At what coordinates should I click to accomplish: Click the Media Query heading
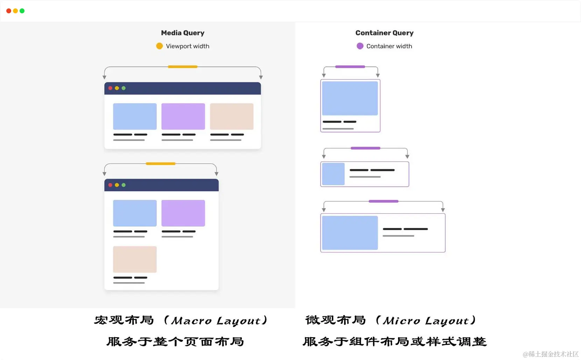(182, 33)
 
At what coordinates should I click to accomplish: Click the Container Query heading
(384, 33)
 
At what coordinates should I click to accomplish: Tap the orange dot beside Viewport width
(159, 46)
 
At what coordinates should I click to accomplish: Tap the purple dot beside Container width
(360, 46)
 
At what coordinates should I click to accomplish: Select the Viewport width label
(188, 46)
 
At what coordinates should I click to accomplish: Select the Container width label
(389, 46)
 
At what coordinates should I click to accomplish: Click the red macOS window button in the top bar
(9, 11)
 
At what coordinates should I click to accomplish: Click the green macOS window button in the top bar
(22, 11)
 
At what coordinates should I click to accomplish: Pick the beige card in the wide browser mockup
(231, 116)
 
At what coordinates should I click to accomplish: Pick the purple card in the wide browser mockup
(183, 116)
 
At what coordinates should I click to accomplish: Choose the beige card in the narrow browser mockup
(135, 259)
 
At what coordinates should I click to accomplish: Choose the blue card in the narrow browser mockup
(135, 213)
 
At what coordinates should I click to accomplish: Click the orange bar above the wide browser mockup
(182, 67)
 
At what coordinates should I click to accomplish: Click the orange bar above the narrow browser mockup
(160, 164)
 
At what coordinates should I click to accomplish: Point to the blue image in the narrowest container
(350, 98)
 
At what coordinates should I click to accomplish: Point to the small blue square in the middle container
(333, 174)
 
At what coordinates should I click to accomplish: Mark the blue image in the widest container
(350, 233)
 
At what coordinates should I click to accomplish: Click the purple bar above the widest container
(383, 201)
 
